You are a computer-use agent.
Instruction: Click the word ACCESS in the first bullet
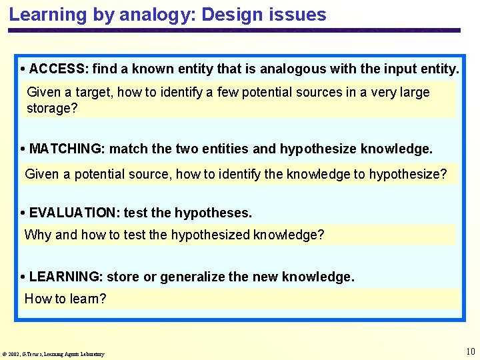(x=58, y=69)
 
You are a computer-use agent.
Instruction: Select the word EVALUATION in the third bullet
(x=73, y=213)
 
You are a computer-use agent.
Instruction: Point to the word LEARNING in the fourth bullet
(x=65, y=277)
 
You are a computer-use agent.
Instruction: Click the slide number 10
(x=470, y=351)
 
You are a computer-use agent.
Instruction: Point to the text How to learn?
(x=65, y=299)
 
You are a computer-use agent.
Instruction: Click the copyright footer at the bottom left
(x=53, y=354)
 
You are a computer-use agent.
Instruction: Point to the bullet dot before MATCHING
(x=23, y=149)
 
